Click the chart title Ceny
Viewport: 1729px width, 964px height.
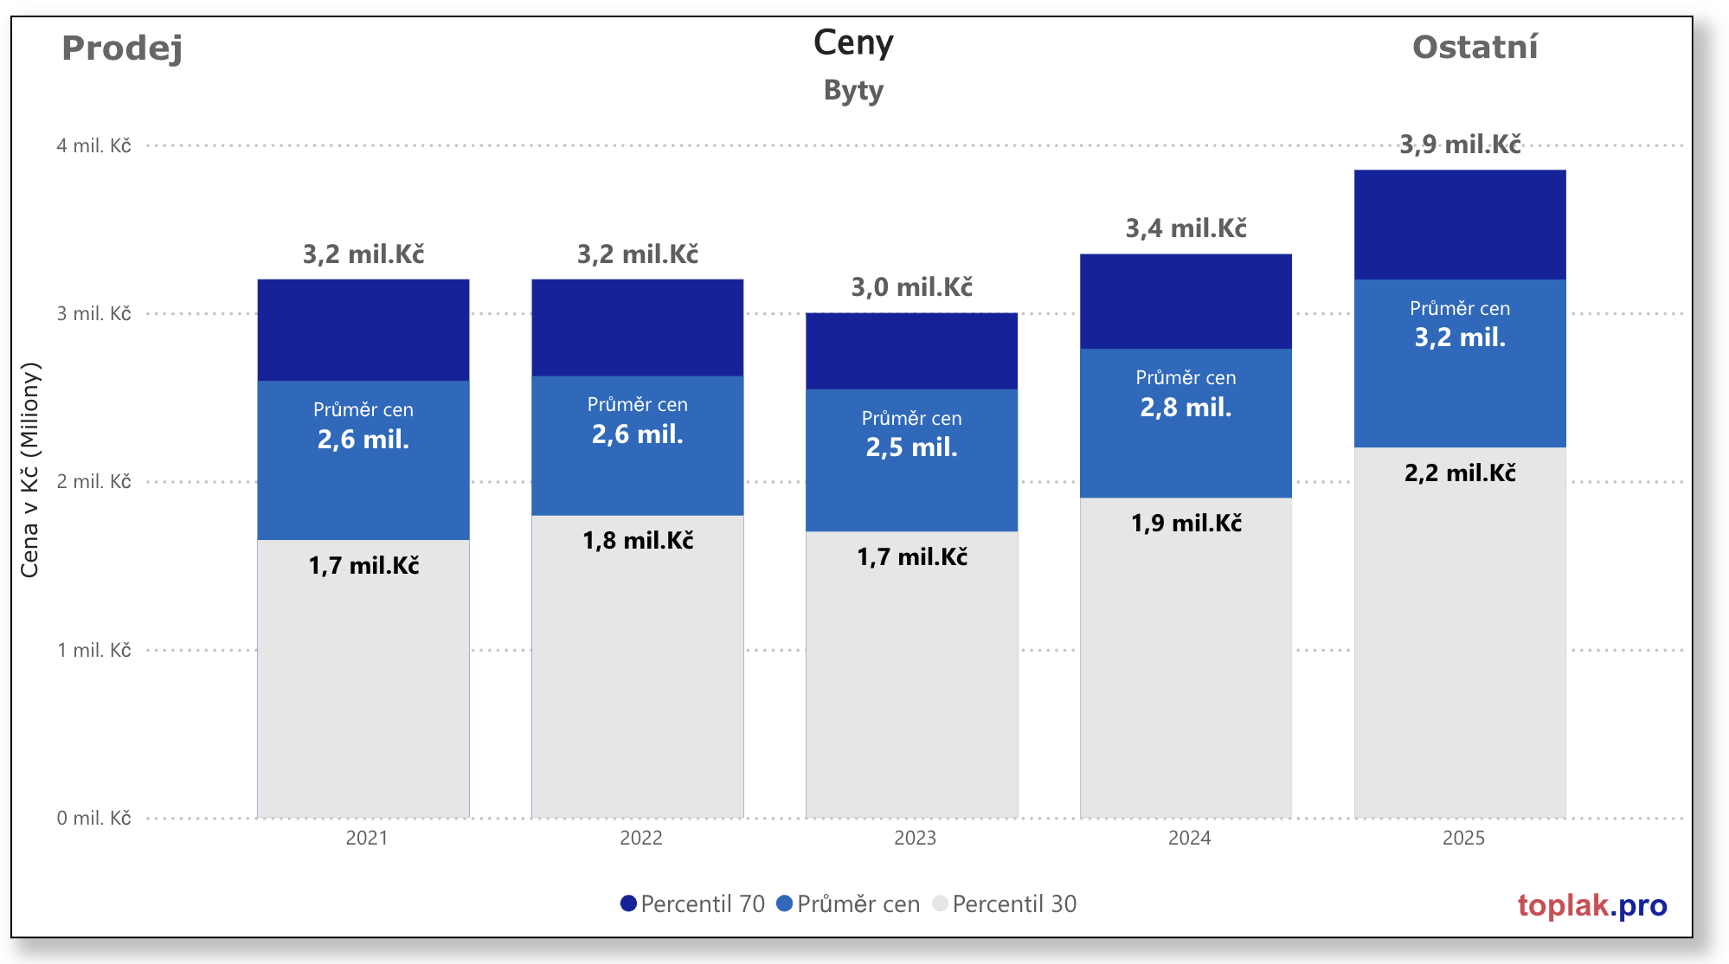pos(853,43)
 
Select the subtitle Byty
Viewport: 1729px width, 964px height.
pos(853,90)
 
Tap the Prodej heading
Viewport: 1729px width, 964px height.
pos(122,48)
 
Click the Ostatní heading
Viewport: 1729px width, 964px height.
pos(1475,47)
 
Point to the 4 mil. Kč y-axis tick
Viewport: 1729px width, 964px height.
pos(93,145)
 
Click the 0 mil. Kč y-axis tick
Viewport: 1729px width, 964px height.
pos(93,818)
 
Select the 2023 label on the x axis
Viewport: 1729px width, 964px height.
pos(915,838)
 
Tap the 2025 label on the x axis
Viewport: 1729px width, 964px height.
pos(1463,838)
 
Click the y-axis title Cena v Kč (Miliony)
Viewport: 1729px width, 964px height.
pos(30,470)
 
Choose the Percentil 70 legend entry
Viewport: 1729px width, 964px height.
pos(692,904)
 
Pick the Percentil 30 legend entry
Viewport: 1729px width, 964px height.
pos(1005,904)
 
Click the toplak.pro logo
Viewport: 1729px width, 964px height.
pos(1591,905)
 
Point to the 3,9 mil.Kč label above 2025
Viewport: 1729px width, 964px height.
pos(1460,144)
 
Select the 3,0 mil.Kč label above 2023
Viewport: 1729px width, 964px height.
pos(911,286)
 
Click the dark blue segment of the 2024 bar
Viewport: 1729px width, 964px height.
pos(1186,301)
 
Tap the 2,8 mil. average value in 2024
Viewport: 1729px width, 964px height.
pos(1186,407)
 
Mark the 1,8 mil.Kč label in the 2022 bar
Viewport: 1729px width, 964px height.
pos(638,541)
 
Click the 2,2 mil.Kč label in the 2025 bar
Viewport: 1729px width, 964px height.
pos(1460,473)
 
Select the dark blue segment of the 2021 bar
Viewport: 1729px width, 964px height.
pos(363,330)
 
